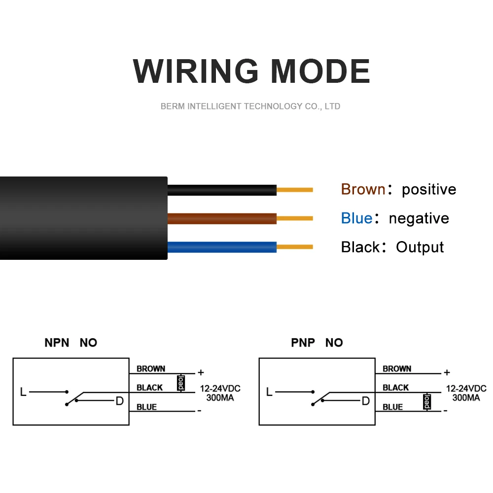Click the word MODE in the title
pyautogui.click(x=320, y=71)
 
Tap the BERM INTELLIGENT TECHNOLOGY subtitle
pyautogui.click(x=250, y=106)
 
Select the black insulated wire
pyautogui.click(x=222, y=189)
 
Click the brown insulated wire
pyautogui.click(x=222, y=218)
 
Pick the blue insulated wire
pyautogui.click(x=222, y=246)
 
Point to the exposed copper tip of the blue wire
pyautogui.click(x=295, y=246)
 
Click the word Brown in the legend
pyautogui.click(x=363, y=189)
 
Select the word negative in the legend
pyautogui.click(x=419, y=218)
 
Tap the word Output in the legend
pyautogui.click(x=420, y=247)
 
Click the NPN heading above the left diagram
pyautogui.click(x=57, y=343)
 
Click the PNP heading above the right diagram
pyautogui.click(x=303, y=343)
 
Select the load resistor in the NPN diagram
pyautogui.click(x=181, y=383)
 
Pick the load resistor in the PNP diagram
pyautogui.click(x=427, y=402)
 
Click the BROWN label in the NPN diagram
pyautogui.click(x=151, y=369)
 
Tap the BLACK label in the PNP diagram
pyautogui.click(x=396, y=388)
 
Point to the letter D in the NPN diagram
pyautogui.click(x=119, y=401)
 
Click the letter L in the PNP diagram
pyautogui.click(x=269, y=392)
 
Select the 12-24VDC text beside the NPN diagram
pyautogui.click(x=220, y=388)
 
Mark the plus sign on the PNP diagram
pyautogui.click(x=447, y=373)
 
